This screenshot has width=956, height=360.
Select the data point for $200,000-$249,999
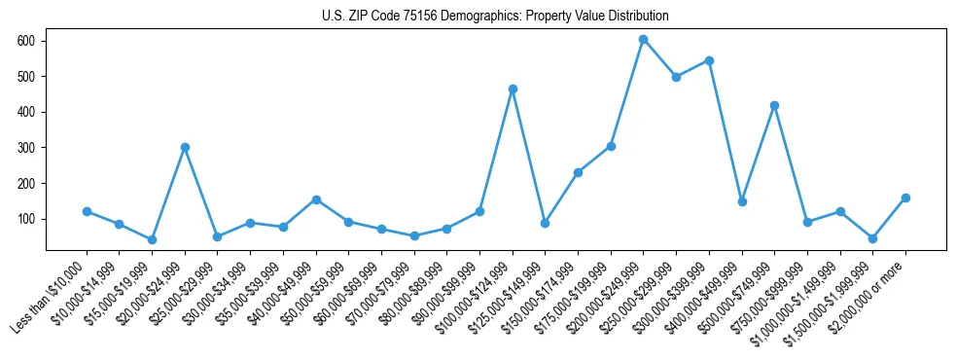[x=643, y=40]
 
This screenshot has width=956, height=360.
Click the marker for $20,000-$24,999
[x=185, y=147]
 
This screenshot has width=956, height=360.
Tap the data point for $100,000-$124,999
[x=513, y=89]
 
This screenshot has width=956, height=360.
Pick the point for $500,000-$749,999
[x=774, y=105]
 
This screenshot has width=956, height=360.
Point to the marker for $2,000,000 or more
[x=905, y=198]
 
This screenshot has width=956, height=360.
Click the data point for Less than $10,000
[x=87, y=211]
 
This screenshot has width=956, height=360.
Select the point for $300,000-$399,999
[x=709, y=60]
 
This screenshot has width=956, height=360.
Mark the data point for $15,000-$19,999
[x=152, y=239]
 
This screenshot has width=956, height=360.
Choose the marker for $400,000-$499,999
[x=742, y=201]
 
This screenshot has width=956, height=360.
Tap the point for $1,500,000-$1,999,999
[x=872, y=238]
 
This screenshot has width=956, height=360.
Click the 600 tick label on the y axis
[x=25, y=41]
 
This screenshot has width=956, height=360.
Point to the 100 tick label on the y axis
[x=25, y=219]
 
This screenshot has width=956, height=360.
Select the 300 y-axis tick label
[x=25, y=148]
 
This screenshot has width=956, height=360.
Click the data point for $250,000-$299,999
[x=676, y=77]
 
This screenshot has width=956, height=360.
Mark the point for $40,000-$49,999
[x=316, y=199]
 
